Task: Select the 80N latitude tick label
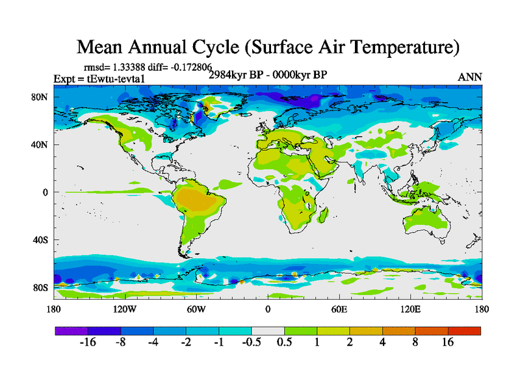click(40, 97)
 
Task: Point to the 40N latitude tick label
click(40, 145)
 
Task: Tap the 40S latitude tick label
click(40, 240)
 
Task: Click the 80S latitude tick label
click(40, 287)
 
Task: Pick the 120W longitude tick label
click(125, 309)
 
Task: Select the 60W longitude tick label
click(196, 309)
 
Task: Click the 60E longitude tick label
click(339, 309)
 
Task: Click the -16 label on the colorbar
click(88, 343)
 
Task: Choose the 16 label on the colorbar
click(448, 343)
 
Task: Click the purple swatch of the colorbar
click(71, 331)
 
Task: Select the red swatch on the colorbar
click(464, 331)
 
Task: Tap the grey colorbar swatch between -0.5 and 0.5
click(268, 331)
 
